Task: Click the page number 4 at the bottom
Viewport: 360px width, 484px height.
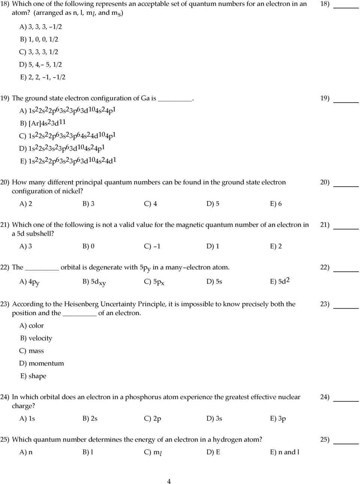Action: (169, 481)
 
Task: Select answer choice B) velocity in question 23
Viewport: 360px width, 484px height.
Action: (36, 338)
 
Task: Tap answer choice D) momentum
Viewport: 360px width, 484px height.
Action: (42, 363)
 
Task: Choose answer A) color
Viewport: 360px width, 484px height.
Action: (31, 325)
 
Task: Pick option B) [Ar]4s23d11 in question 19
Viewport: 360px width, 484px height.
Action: (43, 123)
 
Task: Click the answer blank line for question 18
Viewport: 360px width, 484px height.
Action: (346, 7)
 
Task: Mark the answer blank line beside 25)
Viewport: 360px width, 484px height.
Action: (346, 443)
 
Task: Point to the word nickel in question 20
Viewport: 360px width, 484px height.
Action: (71, 191)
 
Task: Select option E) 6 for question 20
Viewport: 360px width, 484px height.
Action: (276, 204)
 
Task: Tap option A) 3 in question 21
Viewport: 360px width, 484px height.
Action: (25, 246)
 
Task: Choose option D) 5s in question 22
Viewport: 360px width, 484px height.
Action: (214, 281)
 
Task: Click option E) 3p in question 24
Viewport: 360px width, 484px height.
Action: (277, 418)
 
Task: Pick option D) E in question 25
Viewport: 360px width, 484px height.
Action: (213, 452)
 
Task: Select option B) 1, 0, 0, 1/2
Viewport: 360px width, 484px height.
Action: (39, 39)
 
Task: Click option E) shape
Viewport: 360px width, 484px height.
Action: (33, 376)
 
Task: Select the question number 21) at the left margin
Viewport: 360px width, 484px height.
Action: (5, 225)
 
